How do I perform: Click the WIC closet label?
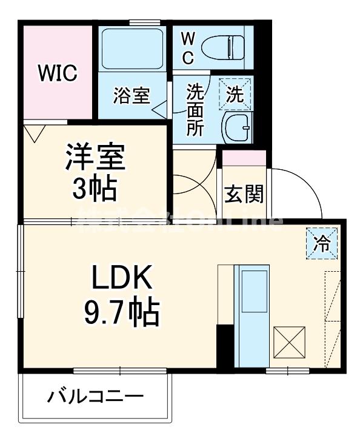[58, 73]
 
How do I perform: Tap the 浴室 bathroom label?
[132, 96]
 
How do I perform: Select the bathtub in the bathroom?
[132, 49]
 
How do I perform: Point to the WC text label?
[188, 48]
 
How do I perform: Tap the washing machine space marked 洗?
[235, 94]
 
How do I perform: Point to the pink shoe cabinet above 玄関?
[244, 157]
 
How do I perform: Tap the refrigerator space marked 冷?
[322, 244]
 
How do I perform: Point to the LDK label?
[121, 279]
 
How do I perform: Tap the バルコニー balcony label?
[96, 397]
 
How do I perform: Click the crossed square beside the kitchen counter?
[290, 342]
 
